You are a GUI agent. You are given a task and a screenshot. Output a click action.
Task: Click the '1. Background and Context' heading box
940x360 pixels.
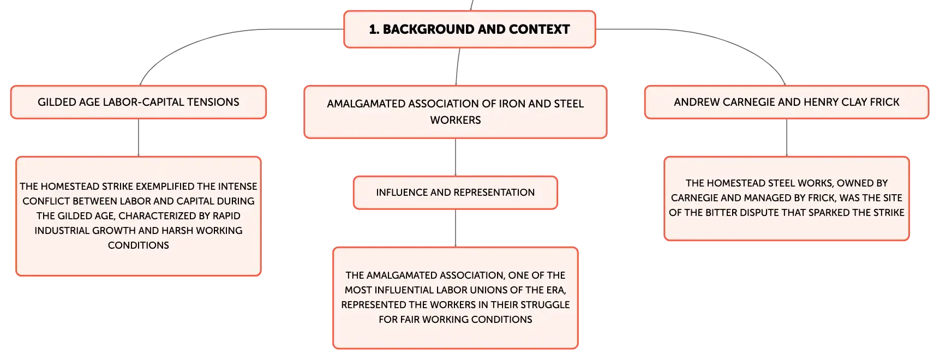pyautogui.click(x=469, y=29)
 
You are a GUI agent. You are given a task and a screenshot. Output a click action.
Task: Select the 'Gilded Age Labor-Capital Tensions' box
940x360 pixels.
pyautogui.click(x=139, y=102)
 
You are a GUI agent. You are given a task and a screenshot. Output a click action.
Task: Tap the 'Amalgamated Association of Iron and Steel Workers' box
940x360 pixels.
pyautogui.click(x=456, y=112)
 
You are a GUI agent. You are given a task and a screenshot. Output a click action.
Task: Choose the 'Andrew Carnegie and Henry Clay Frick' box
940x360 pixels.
pyautogui.click(x=787, y=102)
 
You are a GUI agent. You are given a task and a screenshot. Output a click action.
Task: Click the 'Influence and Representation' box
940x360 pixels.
pyautogui.click(x=456, y=193)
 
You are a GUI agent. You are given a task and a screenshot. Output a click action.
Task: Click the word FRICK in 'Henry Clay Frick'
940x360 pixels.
pyautogui.click(x=885, y=102)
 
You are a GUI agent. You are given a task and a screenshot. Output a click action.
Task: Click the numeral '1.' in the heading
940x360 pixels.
pyautogui.click(x=374, y=29)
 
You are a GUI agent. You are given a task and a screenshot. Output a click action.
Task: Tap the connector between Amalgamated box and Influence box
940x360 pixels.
pyautogui.click(x=456, y=157)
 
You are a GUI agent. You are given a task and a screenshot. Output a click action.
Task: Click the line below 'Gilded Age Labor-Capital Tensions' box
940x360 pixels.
pyautogui.click(x=139, y=137)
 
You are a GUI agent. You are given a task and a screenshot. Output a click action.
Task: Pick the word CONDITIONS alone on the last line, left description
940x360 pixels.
pyautogui.click(x=139, y=245)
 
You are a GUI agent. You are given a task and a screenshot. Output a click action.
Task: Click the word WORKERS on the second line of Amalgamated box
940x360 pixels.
pyautogui.click(x=456, y=120)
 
